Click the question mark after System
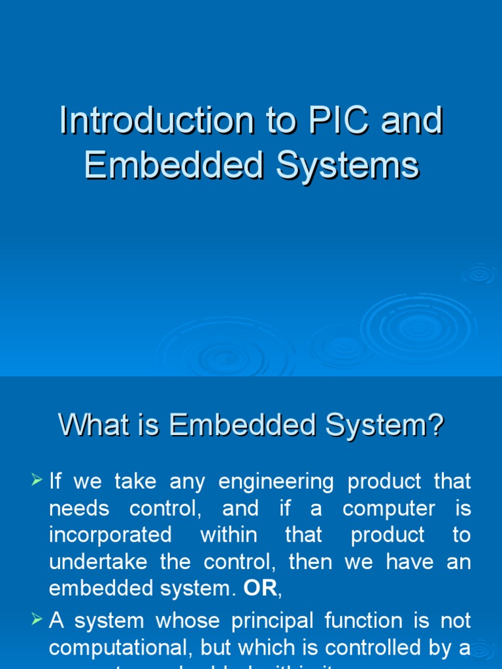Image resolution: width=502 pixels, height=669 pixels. click(x=435, y=426)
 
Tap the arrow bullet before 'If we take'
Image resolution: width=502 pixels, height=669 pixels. click(x=37, y=481)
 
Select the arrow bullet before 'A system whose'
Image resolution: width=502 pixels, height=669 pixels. click(x=37, y=620)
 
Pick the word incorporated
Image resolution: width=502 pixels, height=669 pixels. click(x=110, y=535)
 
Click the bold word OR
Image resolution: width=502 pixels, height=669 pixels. click(x=260, y=588)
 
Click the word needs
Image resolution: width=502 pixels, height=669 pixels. click(x=79, y=508)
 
